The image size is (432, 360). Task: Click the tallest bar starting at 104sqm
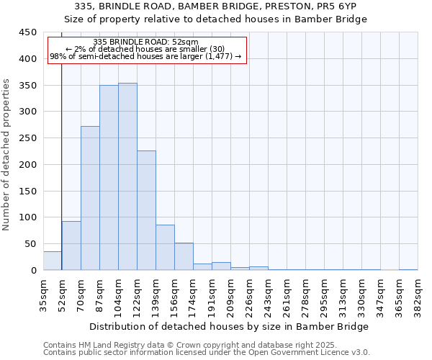point(127,176)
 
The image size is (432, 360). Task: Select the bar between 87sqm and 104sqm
point(109,178)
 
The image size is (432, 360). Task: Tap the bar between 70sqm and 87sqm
point(90,198)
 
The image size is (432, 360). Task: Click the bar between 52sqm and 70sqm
point(71,246)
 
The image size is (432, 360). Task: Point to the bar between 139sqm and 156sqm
point(165,248)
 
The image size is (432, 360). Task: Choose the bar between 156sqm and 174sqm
point(184,256)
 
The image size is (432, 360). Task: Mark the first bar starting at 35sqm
point(53,261)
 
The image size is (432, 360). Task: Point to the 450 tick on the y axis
point(27,32)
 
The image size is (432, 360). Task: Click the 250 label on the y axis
point(27,138)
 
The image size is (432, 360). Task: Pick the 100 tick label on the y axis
point(27,217)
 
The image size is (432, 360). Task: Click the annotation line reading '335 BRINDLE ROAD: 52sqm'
point(146,42)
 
